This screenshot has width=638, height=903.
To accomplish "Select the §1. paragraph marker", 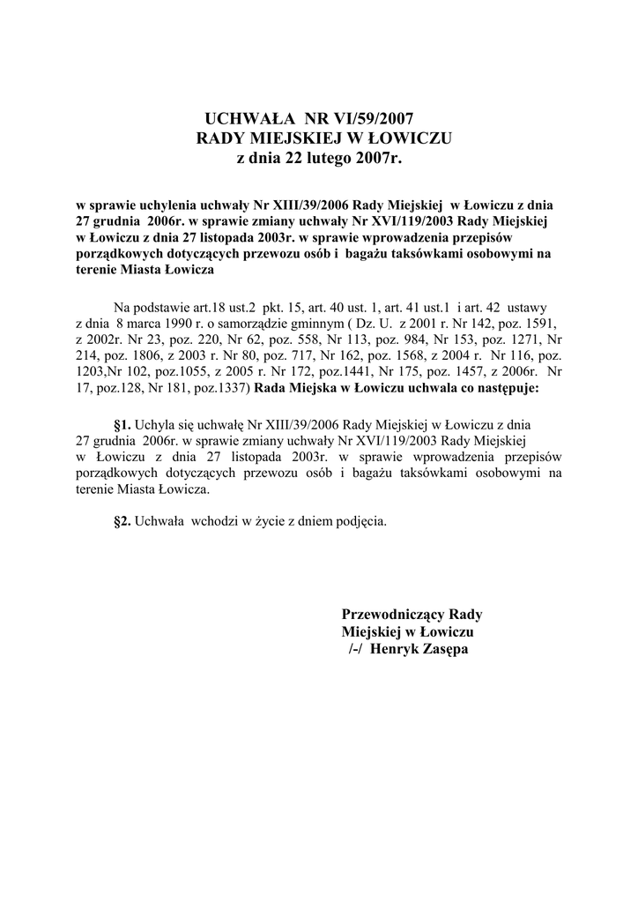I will pos(122,423).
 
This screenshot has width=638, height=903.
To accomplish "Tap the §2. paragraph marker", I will pos(122,520).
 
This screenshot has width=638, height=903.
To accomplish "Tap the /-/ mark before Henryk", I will pos(356,649).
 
